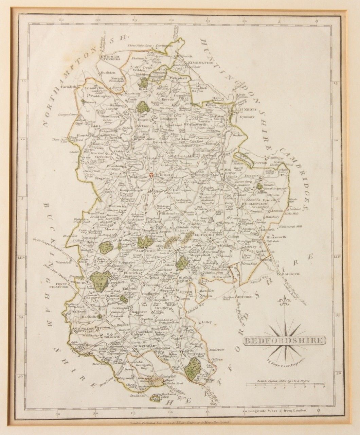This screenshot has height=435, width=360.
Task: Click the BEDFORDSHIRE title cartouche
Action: (284, 340)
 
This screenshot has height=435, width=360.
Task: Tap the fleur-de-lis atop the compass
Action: (284, 301)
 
